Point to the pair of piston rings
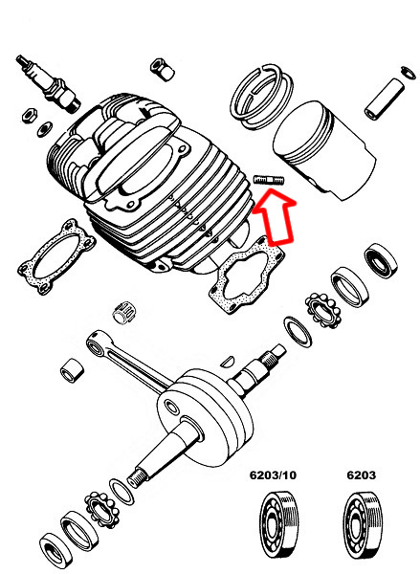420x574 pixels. (263, 94)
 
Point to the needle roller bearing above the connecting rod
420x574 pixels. (121, 311)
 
